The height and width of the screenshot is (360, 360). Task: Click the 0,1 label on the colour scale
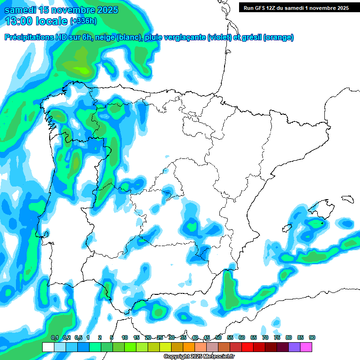coord(55,337)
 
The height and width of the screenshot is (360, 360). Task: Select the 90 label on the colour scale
coord(312,337)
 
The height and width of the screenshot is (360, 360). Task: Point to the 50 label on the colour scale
coord(218,337)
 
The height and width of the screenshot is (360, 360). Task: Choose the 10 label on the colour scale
coord(125,337)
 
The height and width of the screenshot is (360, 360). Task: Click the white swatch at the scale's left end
coord(48,347)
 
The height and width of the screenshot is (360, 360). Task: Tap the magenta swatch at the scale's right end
coord(306,347)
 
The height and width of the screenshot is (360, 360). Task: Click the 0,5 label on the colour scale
coord(78,337)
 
